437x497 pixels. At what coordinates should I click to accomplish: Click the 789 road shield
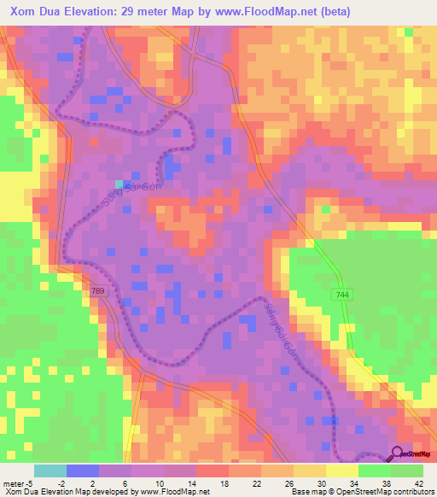tap(99, 291)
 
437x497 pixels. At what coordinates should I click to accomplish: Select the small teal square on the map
tap(119, 183)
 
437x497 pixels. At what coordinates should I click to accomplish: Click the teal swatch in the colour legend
tap(50, 471)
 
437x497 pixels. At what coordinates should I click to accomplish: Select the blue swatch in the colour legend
tap(82, 471)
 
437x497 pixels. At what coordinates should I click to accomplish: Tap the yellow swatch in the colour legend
tap(341, 471)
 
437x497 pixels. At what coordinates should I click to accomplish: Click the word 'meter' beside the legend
tap(15, 483)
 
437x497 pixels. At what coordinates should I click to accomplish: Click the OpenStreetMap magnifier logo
tap(398, 454)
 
